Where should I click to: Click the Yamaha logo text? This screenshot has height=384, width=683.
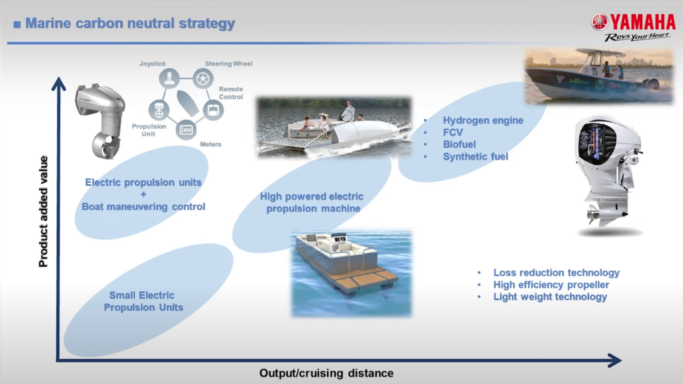tap(642, 22)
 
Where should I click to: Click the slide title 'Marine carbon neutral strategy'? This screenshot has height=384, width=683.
tap(130, 23)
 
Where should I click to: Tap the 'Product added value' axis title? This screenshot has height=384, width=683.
tap(43, 212)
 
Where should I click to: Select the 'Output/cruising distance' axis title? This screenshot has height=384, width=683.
tap(326, 373)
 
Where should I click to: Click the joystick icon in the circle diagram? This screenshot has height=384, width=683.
tap(169, 79)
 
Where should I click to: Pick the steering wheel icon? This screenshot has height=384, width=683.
tap(203, 79)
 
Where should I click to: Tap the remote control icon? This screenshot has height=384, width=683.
tap(213, 110)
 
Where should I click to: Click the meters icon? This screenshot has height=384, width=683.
tap(186, 130)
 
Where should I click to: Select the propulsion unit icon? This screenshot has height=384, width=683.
tap(159, 110)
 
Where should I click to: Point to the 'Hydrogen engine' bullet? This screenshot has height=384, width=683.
tap(482, 120)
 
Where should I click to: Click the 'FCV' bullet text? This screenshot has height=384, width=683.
tap(453, 132)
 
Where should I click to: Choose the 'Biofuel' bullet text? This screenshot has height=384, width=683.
tap(459, 144)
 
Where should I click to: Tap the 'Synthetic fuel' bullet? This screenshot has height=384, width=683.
tap(475, 156)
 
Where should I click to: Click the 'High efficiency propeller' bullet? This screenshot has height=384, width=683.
tap(551, 285)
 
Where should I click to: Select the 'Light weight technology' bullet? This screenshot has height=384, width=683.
tap(550, 297)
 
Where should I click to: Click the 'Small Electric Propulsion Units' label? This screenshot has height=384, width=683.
tap(143, 301)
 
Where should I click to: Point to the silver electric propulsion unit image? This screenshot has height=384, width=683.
tap(100, 120)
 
